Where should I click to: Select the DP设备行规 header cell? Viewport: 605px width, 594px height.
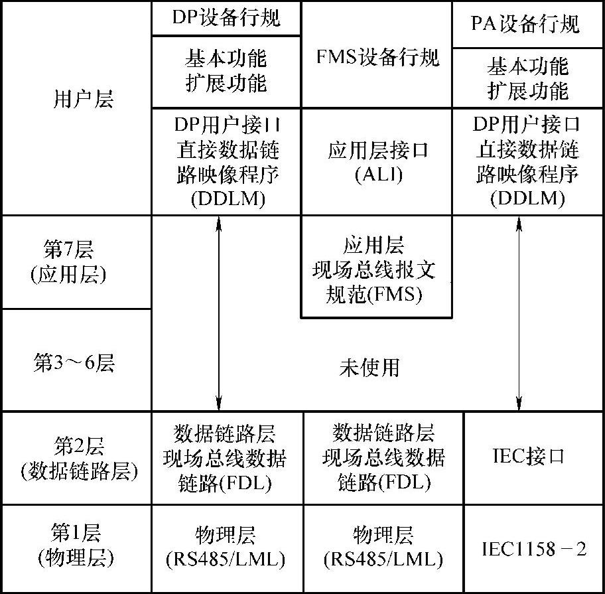[226, 18]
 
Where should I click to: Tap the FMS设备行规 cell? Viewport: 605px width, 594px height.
[377, 57]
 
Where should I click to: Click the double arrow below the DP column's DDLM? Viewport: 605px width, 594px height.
[218, 312]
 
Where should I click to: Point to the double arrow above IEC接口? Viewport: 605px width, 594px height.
[519, 312]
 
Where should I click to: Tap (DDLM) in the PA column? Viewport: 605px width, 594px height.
[527, 199]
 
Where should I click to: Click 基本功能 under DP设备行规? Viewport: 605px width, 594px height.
[226, 59]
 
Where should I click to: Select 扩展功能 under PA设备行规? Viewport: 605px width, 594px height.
[528, 90]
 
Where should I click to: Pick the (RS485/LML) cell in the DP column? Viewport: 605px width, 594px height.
[226, 559]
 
